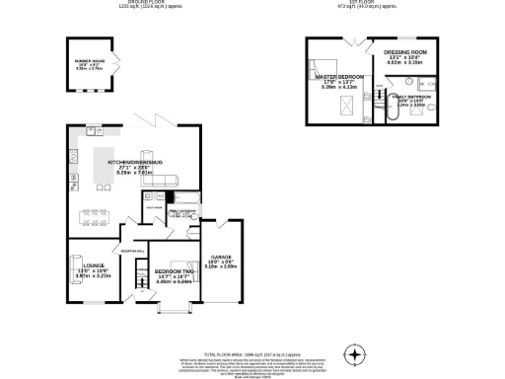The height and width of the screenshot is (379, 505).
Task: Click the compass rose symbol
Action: point(355,353)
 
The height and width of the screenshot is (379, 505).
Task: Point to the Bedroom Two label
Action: point(172,271)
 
